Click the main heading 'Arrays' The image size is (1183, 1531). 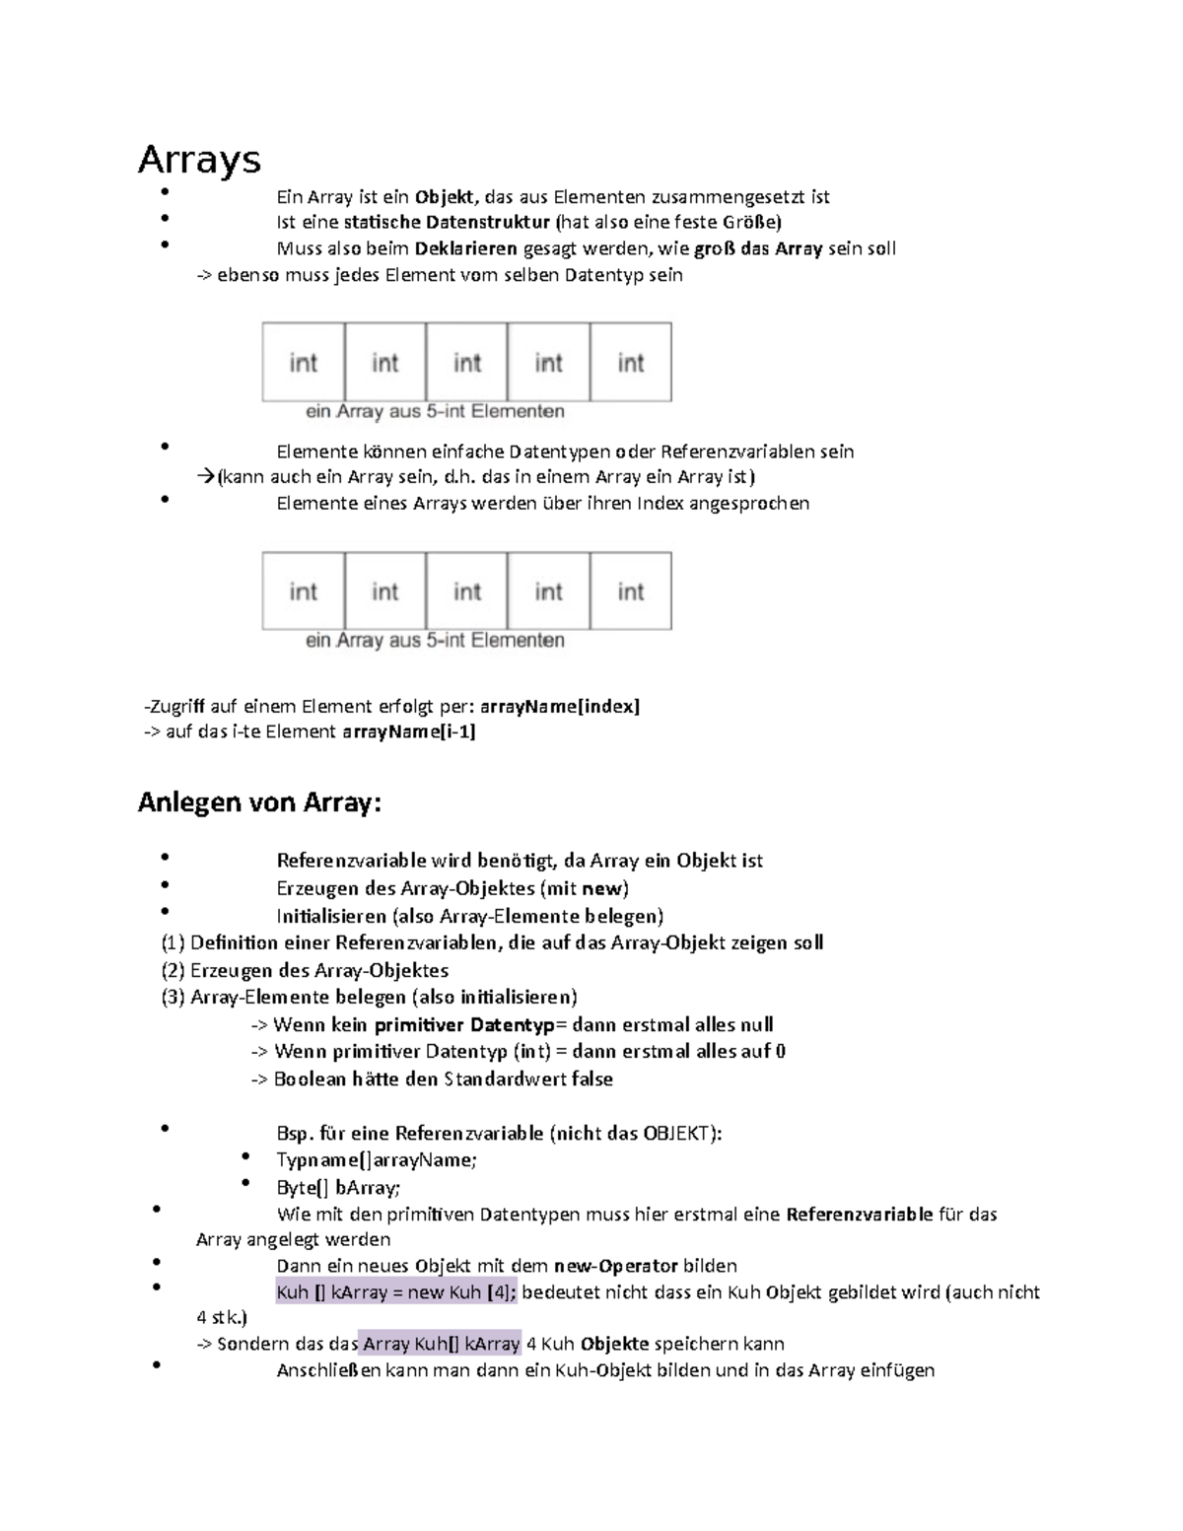[x=199, y=160]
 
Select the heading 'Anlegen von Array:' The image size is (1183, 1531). [x=258, y=802]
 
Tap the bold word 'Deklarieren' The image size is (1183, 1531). [x=465, y=248]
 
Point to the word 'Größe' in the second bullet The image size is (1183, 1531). [x=751, y=222]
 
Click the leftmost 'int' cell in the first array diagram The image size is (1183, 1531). [x=304, y=363]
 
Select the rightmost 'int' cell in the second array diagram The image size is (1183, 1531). [x=631, y=592]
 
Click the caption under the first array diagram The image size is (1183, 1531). [x=435, y=411]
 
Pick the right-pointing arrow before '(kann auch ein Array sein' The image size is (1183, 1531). [x=205, y=477]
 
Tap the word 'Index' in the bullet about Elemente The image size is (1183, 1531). [x=661, y=504]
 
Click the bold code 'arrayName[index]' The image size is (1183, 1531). [x=559, y=706]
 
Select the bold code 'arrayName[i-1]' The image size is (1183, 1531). [x=408, y=731]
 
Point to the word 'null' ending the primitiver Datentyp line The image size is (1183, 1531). [x=756, y=1024]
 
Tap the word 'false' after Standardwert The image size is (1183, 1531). [x=591, y=1079]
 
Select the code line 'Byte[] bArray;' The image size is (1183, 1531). [x=338, y=1187]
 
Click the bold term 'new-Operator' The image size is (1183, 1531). [x=615, y=1266]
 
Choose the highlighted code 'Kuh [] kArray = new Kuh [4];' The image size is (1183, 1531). [x=396, y=1292]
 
